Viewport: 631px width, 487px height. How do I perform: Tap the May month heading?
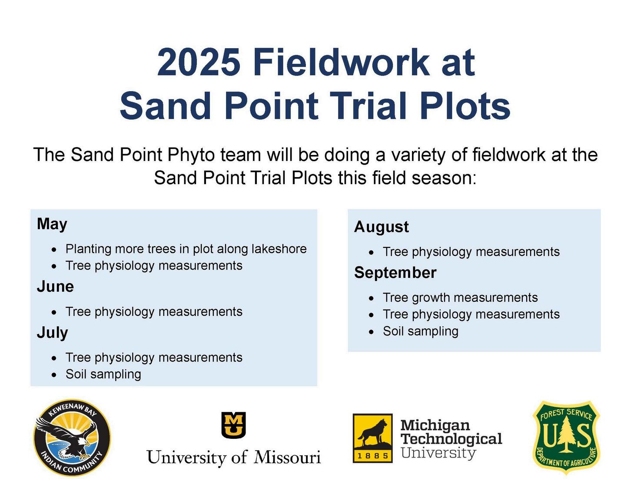pos(52,224)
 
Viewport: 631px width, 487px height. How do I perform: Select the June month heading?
pos(55,286)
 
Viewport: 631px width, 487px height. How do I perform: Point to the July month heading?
pos(52,333)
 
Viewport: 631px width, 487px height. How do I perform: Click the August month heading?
pos(381,227)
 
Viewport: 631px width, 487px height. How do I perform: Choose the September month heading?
pos(395,273)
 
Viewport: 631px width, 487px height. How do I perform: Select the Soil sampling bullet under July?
pos(103,375)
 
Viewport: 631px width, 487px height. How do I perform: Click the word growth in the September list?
pos(430,298)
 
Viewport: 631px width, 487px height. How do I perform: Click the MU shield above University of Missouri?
pos(233,425)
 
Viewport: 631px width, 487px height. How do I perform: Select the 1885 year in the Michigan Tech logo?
pos(372,456)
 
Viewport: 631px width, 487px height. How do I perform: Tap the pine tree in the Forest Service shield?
pos(566,434)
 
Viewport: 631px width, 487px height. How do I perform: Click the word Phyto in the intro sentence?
pos(191,155)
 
